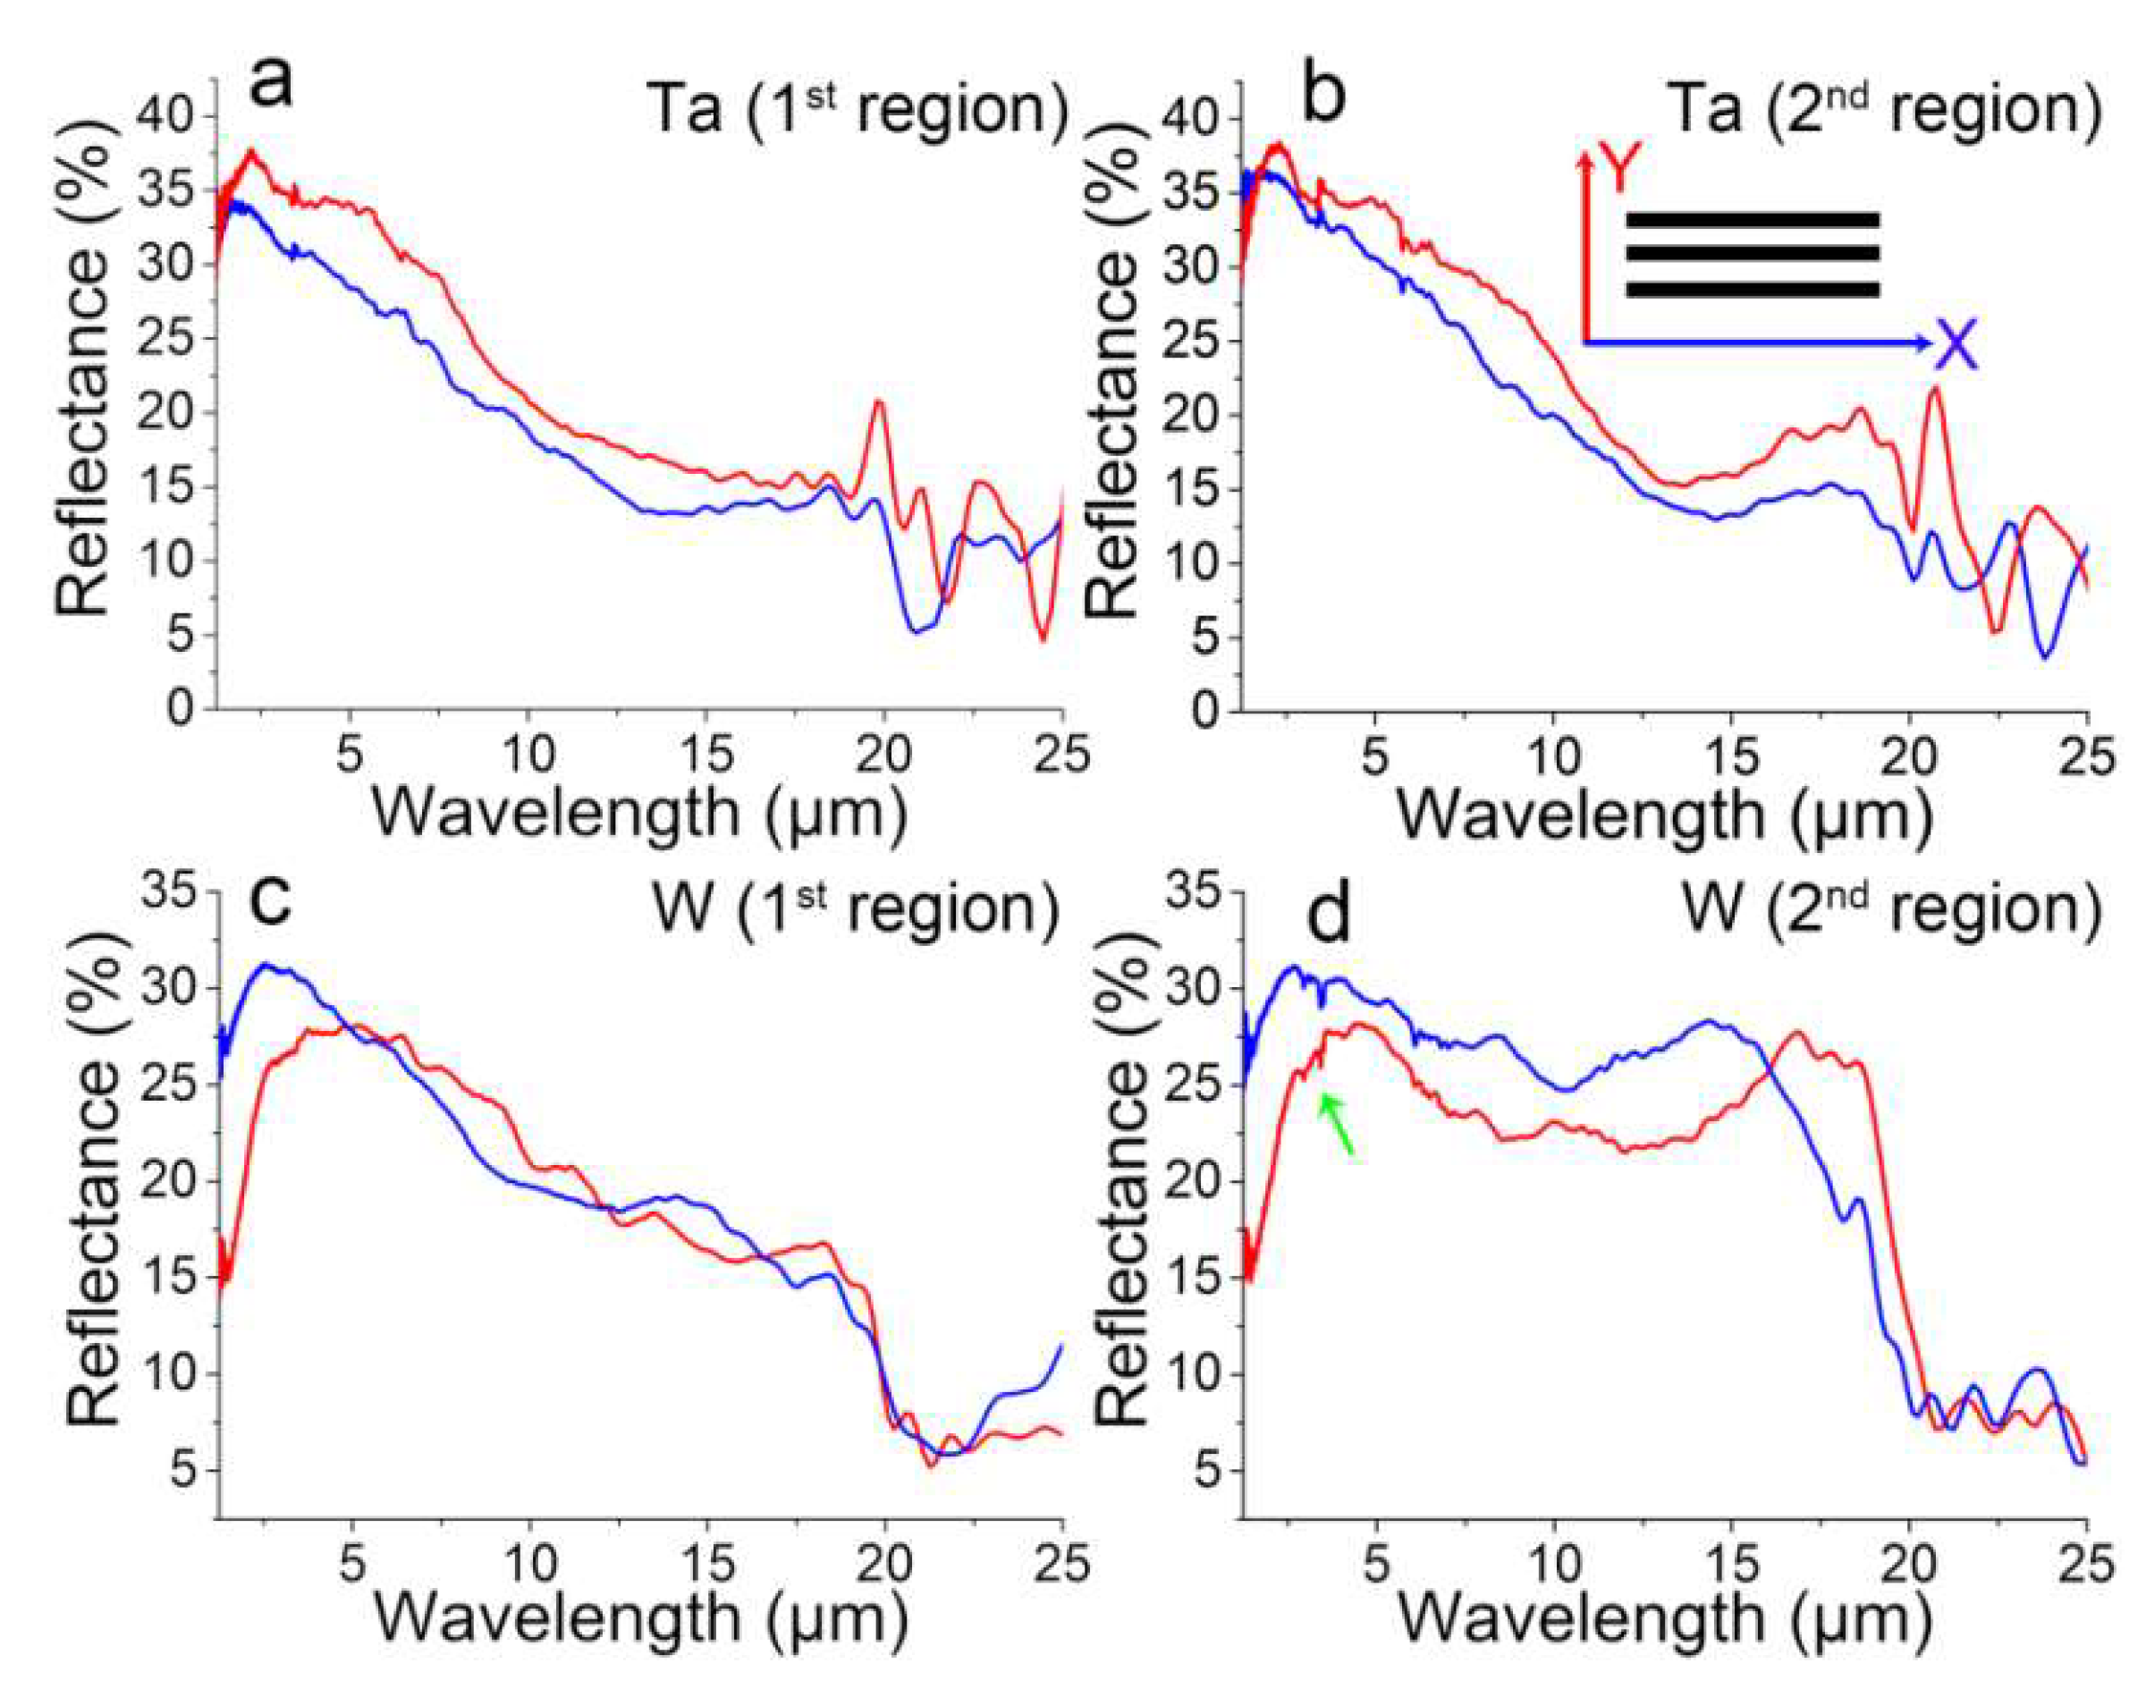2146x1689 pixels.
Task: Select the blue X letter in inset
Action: click(1957, 346)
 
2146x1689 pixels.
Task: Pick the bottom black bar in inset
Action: click(1752, 290)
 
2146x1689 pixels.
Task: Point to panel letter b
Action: click(1324, 94)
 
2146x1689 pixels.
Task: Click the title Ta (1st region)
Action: click(857, 109)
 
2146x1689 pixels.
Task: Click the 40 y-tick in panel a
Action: click(169, 117)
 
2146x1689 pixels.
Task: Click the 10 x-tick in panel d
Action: click(1554, 1566)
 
